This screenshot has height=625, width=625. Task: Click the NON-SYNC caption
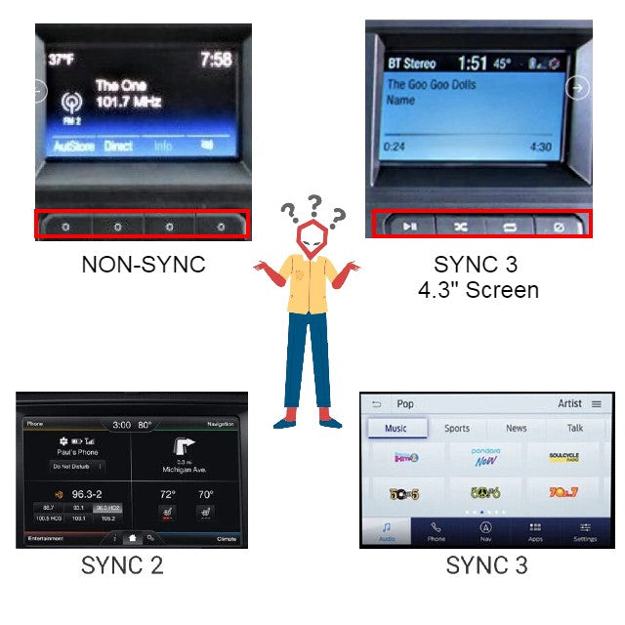coord(144,264)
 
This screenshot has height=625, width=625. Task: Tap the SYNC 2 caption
coord(122,564)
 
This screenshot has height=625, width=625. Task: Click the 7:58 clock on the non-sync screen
coord(216,61)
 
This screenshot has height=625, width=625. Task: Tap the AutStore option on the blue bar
coord(73,146)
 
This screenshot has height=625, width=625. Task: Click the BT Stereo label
coord(411,64)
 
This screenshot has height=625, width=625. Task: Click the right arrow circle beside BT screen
coord(578,88)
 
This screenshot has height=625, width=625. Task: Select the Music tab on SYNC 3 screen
coord(396,428)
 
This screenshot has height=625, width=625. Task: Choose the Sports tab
coord(457,428)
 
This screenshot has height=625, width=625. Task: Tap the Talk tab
coord(575,428)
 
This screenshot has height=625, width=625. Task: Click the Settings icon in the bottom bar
coord(585,531)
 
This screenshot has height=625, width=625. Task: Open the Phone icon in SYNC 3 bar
coord(436,531)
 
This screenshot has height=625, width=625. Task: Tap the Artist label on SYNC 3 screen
coord(570,403)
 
